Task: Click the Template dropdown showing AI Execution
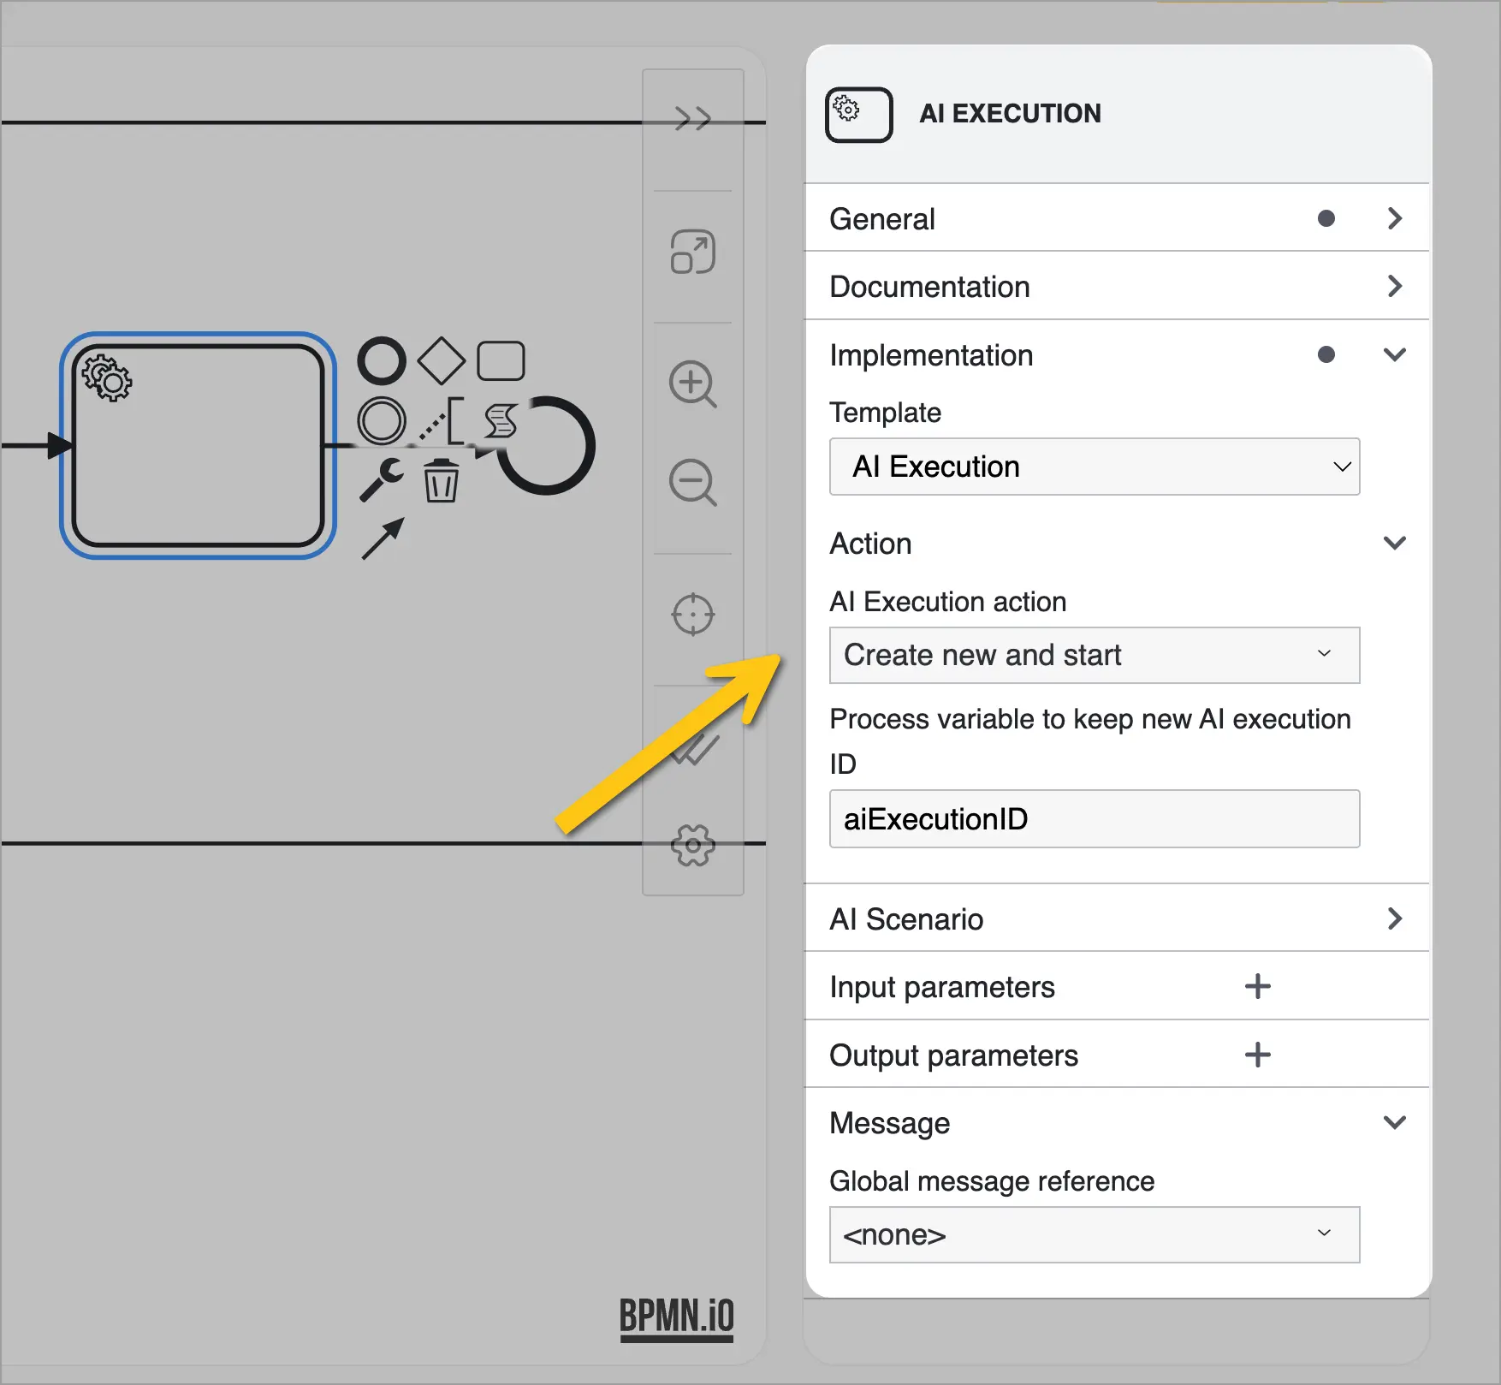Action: [1095, 467]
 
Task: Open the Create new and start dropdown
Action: [1095, 655]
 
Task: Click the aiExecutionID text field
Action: [1095, 819]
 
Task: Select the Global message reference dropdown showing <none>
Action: [1095, 1234]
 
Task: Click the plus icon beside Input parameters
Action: [1257, 986]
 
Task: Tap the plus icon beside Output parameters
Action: [1257, 1055]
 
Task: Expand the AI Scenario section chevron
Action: [1395, 918]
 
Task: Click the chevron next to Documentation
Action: [1395, 286]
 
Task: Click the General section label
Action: [882, 219]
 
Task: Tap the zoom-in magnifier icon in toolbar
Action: [692, 384]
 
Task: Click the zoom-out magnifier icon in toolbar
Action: [692, 483]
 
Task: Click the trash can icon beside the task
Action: [441, 480]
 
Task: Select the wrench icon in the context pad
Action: [381, 479]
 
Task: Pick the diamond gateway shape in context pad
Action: [442, 360]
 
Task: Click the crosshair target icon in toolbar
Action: [692, 615]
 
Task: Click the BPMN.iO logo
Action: [677, 1318]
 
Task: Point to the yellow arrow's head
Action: [780, 657]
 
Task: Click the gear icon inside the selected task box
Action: [107, 377]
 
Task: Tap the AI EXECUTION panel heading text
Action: [1010, 113]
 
